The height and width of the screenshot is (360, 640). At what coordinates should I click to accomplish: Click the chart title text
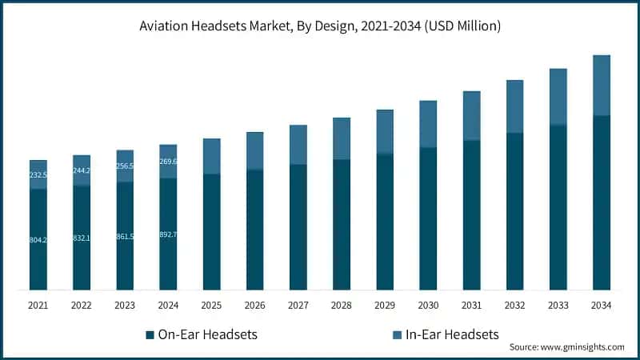[320, 26]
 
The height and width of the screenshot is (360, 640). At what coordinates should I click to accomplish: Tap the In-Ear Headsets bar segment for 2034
[602, 86]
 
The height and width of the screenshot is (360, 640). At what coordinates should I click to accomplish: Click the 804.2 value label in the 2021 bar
[38, 240]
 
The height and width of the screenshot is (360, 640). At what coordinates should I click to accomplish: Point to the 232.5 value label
[38, 174]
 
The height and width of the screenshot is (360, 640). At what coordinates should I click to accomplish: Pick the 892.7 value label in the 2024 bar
[168, 234]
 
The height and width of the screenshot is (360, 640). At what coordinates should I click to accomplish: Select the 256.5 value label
[125, 166]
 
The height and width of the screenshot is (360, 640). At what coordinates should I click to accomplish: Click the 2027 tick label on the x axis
[298, 305]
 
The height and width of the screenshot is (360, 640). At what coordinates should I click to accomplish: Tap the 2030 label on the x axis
[428, 305]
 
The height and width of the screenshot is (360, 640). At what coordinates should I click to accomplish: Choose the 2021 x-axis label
[38, 305]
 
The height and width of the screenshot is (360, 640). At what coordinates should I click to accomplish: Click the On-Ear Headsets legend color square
[150, 334]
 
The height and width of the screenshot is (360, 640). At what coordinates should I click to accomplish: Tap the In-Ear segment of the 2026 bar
[255, 150]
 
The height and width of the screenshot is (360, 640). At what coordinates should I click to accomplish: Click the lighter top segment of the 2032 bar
[515, 106]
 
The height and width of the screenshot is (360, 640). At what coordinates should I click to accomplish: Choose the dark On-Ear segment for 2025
[212, 232]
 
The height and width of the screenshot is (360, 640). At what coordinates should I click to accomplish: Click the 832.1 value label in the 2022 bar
[82, 238]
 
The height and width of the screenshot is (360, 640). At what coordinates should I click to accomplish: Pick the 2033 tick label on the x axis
[558, 305]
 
